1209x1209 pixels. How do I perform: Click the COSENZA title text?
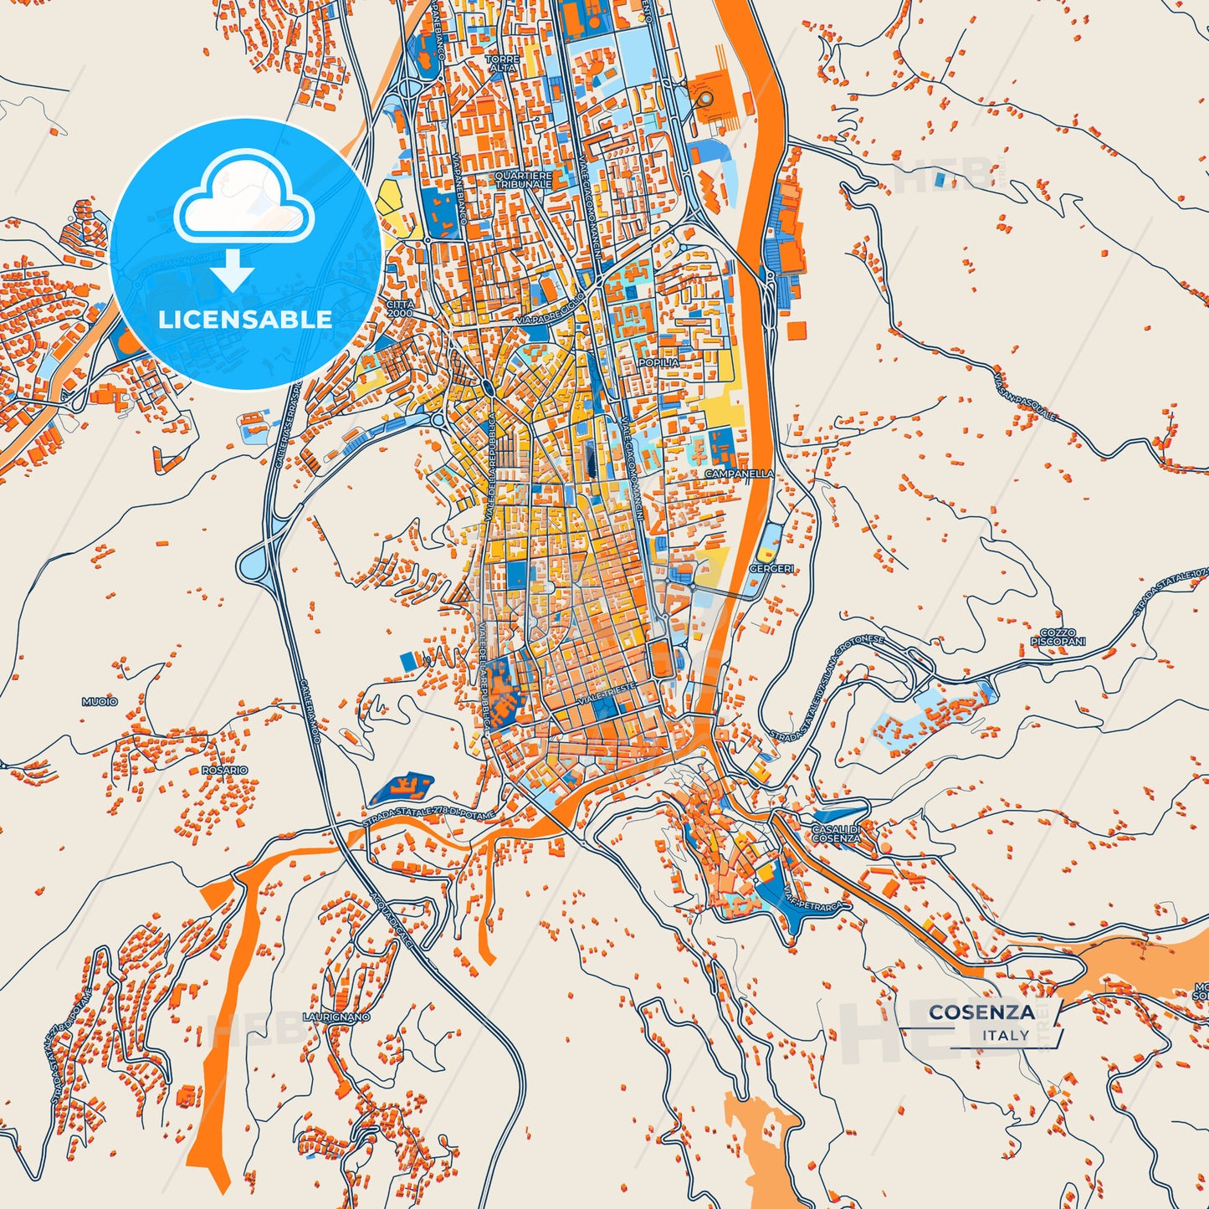[x=981, y=1012]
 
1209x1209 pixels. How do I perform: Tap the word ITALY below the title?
[x=1006, y=1035]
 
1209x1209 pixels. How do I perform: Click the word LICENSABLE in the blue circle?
[x=245, y=320]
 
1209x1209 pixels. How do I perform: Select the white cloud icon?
[x=244, y=198]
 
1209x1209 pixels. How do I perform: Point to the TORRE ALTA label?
[x=502, y=64]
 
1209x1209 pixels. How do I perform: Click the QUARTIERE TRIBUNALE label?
[x=523, y=180]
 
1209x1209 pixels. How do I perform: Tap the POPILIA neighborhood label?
[x=658, y=362]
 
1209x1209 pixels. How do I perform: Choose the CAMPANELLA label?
[x=739, y=474]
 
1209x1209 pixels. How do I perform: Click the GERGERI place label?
[x=771, y=569]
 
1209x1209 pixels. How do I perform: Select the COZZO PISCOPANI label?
[x=1058, y=638]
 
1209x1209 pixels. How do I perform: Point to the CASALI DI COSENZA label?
[x=835, y=833]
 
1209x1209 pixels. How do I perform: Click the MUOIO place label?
[x=100, y=701]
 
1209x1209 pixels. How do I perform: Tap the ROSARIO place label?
[x=224, y=770]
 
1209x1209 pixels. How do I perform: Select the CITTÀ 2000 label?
[x=399, y=309]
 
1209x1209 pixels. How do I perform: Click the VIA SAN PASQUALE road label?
[x=1025, y=397]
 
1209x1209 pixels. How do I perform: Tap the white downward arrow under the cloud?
[x=233, y=272]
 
